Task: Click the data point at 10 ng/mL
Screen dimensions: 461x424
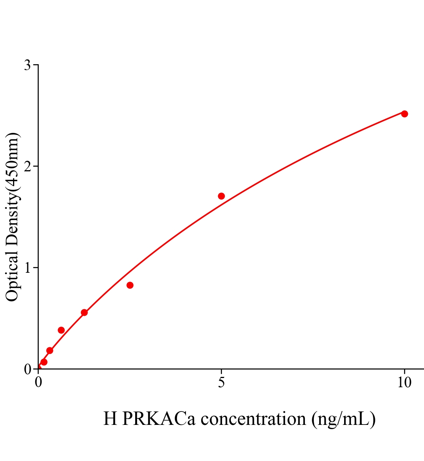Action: point(404,114)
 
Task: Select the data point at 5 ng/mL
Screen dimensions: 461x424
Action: point(221,196)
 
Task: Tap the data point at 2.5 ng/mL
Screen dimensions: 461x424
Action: point(130,285)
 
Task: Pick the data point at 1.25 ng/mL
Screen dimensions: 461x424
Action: point(84,312)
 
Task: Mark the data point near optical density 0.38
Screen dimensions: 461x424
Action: point(61,330)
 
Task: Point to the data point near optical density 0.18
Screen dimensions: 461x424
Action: point(50,350)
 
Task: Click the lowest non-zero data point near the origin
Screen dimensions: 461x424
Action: point(44,362)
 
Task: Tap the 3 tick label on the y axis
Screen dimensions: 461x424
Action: point(27,65)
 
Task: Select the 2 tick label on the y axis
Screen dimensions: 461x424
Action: point(27,166)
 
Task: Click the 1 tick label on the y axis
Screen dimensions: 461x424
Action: point(27,268)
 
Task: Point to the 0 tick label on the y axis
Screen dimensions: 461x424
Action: point(27,369)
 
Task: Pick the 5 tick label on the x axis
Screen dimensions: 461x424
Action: point(221,383)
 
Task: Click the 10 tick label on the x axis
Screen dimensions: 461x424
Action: point(404,383)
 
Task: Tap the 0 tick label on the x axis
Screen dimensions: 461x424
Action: point(38,383)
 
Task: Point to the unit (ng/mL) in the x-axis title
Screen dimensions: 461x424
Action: point(343,418)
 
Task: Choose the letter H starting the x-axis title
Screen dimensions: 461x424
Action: point(110,418)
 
